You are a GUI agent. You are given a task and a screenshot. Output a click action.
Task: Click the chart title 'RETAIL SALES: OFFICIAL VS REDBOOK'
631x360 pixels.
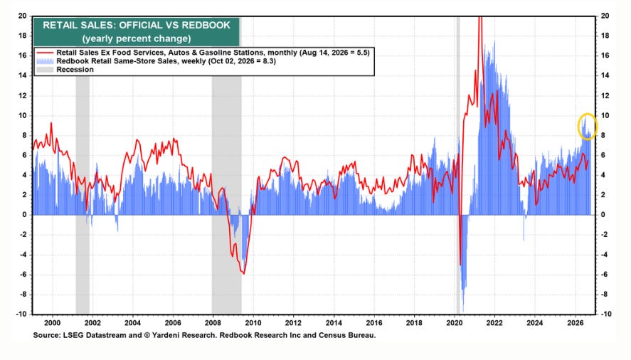[x=137, y=25]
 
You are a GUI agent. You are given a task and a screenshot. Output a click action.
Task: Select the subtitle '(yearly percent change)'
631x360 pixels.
[x=137, y=38]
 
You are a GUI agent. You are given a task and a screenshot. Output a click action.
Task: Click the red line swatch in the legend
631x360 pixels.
[x=45, y=53]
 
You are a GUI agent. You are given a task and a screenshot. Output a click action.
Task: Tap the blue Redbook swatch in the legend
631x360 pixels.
[x=45, y=61]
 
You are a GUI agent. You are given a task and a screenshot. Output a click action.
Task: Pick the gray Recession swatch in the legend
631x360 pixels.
[x=45, y=70]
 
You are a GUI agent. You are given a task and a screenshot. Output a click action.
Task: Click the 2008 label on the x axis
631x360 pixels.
[x=213, y=323]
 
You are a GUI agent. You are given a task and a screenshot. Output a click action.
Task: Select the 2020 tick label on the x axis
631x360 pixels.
[x=455, y=323]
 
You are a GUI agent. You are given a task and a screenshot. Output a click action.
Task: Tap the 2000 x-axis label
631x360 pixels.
[x=53, y=323]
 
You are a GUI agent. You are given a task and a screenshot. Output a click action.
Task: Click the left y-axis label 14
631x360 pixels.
[x=22, y=75]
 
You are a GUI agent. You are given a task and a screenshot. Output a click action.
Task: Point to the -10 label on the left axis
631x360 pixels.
[x=21, y=314]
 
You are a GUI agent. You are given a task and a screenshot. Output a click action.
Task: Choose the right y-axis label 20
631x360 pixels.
[x=605, y=16]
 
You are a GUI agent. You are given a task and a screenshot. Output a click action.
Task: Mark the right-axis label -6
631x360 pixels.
[x=605, y=274]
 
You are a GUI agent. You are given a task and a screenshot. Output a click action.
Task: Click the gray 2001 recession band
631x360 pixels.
[x=83, y=194]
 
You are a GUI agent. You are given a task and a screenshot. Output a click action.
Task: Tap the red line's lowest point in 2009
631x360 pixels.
[x=243, y=274]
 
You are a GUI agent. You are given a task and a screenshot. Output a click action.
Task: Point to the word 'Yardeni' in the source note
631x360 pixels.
[x=172, y=335]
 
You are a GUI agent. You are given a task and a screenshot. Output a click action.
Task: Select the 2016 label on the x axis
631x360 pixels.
[x=374, y=323]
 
